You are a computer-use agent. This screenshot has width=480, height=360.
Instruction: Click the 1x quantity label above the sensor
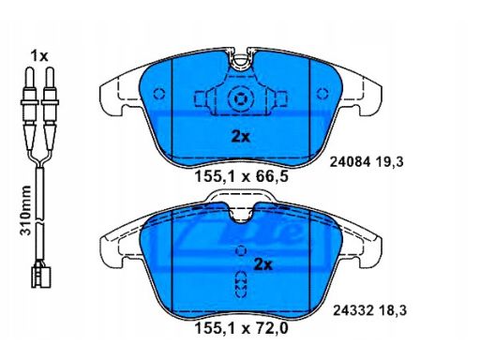click(39, 56)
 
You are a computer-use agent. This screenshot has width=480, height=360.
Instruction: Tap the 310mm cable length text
click(25, 210)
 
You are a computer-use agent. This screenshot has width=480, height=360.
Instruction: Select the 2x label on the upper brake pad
click(240, 137)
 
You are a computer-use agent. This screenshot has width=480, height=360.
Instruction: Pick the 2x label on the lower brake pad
click(263, 264)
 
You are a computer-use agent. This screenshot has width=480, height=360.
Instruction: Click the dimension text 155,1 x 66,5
click(241, 177)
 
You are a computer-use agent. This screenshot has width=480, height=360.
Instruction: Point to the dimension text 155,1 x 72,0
click(241, 328)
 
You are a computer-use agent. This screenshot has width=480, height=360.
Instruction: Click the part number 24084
click(351, 162)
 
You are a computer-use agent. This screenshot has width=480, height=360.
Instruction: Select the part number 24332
click(353, 310)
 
